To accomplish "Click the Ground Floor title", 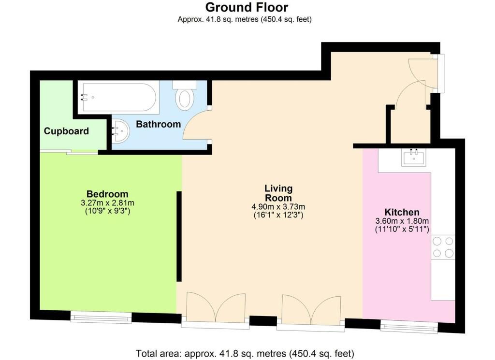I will (x=247, y=8).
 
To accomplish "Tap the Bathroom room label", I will (x=158, y=124).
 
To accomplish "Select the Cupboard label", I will (x=66, y=131).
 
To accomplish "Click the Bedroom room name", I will (x=107, y=194).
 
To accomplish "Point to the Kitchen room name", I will (x=402, y=212).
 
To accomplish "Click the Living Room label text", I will (x=278, y=193).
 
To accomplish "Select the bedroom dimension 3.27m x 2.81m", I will (x=107, y=203).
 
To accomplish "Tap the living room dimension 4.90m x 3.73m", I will (x=278, y=207).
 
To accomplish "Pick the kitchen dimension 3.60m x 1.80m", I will (x=402, y=221).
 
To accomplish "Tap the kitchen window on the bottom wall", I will (x=409, y=327).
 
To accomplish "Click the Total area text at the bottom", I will (x=245, y=353).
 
